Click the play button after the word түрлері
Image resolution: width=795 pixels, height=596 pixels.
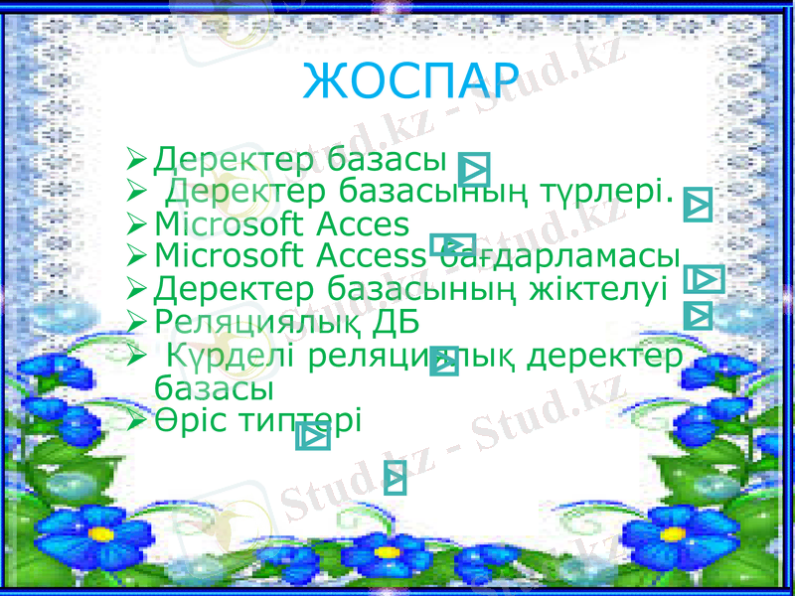pyautogui.click(x=700, y=205)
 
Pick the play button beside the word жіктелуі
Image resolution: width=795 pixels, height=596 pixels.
pyautogui.click(x=704, y=280)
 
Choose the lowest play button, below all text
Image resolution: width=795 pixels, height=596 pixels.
pyautogui.click(x=395, y=478)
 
